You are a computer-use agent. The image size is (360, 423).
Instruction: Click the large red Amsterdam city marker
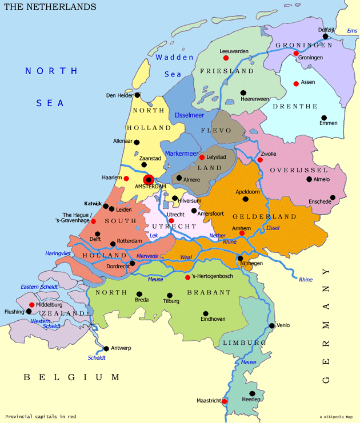tap(149, 179)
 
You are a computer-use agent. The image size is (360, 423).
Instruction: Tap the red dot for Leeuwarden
tap(226, 58)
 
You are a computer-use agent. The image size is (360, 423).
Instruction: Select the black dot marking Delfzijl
tap(326, 36)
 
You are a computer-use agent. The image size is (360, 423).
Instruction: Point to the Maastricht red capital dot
tap(225, 401)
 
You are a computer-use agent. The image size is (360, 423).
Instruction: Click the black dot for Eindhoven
tap(206, 313)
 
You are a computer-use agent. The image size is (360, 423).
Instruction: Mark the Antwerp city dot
tap(106, 348)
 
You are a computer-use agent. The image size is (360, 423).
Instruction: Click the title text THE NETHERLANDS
tap(50, 7)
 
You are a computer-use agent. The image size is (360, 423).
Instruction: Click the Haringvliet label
tap(58, 253)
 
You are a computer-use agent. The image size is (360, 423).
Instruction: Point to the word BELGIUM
tap(71, 377)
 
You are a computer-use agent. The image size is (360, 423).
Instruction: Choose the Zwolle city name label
tap(268, 154)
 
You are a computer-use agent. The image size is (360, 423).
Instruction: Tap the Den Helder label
tap(119, 95)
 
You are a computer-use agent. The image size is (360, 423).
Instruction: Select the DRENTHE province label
tap(295, 106)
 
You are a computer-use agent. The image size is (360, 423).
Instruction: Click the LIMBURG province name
tap(244, 343)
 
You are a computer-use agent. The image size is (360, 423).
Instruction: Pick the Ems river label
tap(352, 31)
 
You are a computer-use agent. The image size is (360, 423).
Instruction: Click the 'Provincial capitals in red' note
tap(41, 416)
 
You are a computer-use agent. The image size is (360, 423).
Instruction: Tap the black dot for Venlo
tap(272, 326)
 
